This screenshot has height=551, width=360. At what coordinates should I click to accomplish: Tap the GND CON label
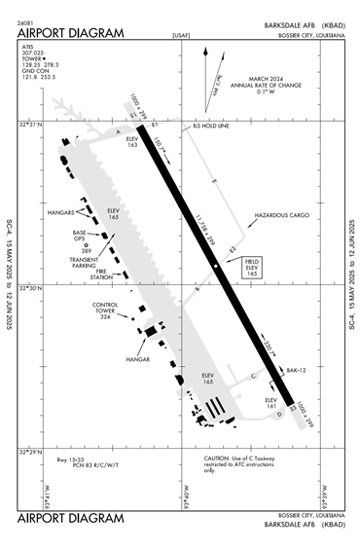tap(36, 70)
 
